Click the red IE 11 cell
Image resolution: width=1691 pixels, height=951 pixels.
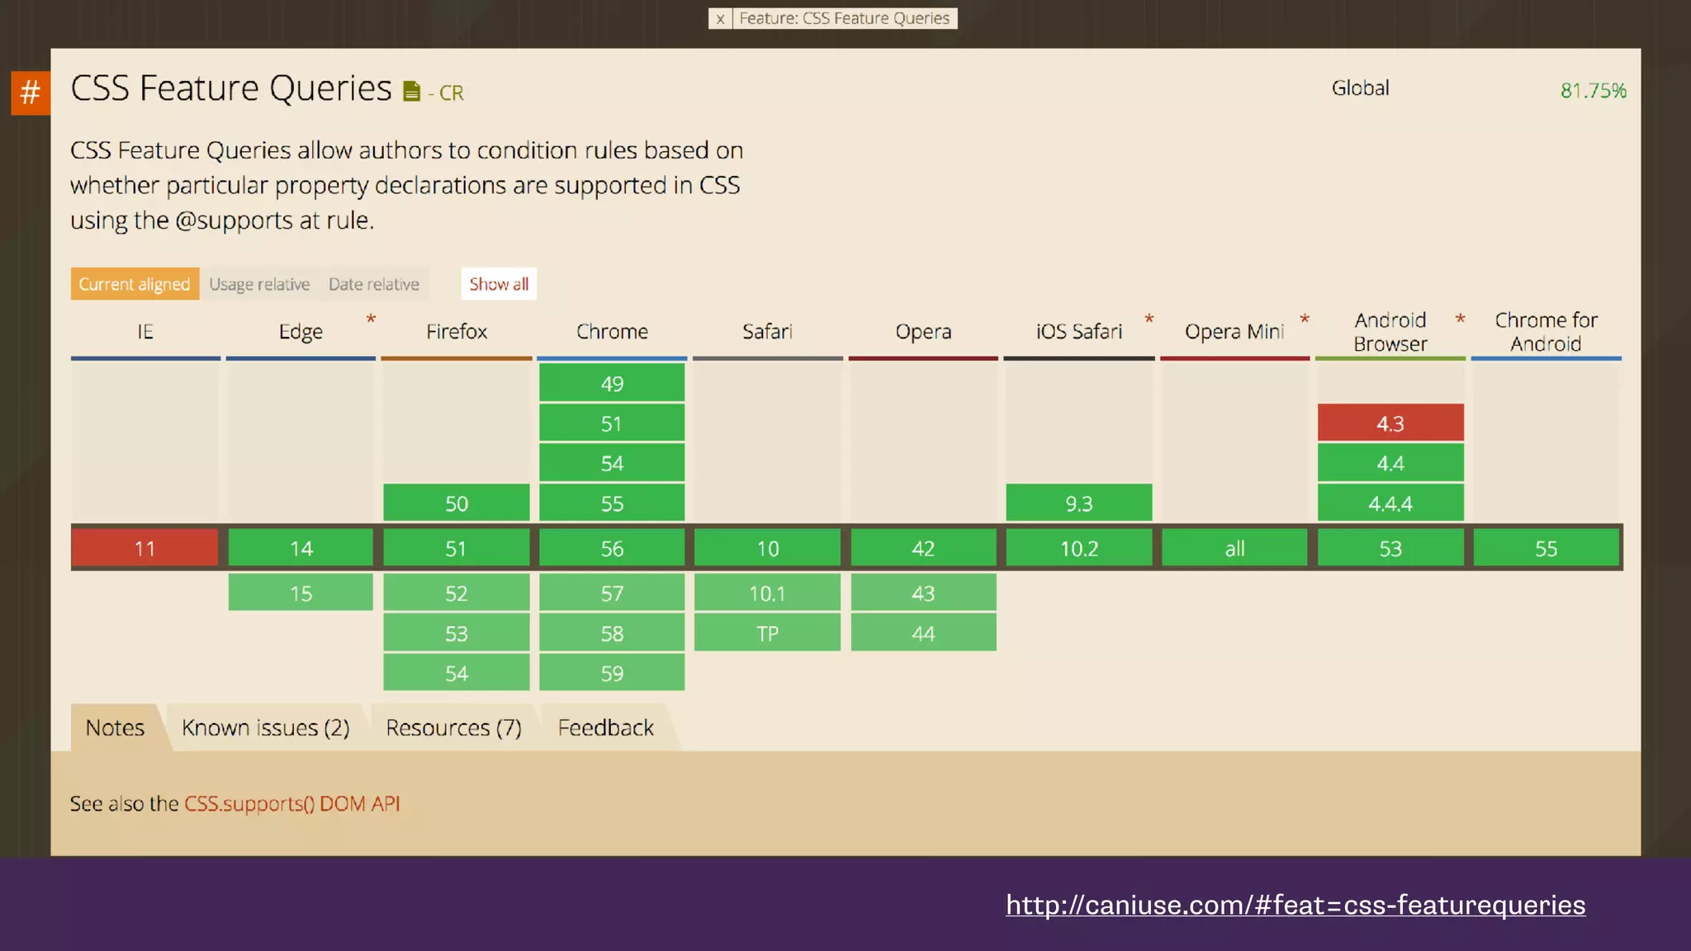pyautogui.click(x=144, y=548)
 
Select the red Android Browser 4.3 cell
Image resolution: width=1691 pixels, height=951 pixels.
pyautogui.click(x=1390, y=423)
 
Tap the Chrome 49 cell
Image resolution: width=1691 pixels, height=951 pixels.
pyautogui.click(x=612, y=384)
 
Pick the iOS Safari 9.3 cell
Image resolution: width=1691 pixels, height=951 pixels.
pyautogui.click(x=1078, y=504)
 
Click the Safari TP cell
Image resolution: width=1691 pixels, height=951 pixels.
pyautogui.click(x=767, y=633)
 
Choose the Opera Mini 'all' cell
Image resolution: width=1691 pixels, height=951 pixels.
pyautogui.click(x=1234, y=548)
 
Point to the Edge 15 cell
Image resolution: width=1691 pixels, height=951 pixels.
pyautogui.click(x=301, y=593)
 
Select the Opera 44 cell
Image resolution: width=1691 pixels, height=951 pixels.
pyautogui.click(x=923, y=633)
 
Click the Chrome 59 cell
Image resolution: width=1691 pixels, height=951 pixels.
pyautogui.click(x=612, y=674)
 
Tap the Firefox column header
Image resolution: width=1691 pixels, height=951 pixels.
pyautogui.click(x=457, y=332)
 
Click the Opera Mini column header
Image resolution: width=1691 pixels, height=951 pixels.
pyautogui.click(x=1234, y=332)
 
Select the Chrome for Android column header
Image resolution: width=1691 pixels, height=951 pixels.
pyautogui.click(x=1546, y=332)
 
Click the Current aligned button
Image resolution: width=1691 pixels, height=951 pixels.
pyautogui.click(x=135, y=284)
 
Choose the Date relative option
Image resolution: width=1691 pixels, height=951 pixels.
pyautogui.click(x=374, y=284)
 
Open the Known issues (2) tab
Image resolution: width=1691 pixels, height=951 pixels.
pyautogui.click(x=266, y=727)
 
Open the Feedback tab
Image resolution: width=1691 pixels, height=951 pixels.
pyautogui.click(x=605, y=727)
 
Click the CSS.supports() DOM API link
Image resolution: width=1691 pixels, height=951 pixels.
pyautogui.click(x=291, y=803)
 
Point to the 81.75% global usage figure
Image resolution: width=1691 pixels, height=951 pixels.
pyautogui.click(x=1593, y=90)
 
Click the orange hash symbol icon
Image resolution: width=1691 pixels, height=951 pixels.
pyautogui.click(x=31, y=92)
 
